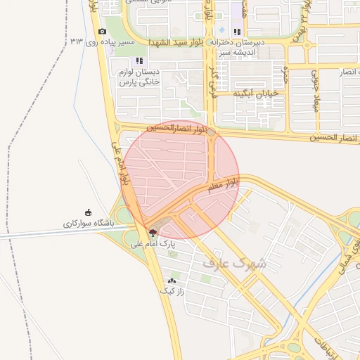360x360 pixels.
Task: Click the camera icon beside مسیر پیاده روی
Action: pos(103,32)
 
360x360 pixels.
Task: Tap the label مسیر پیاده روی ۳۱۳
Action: pos(103,43)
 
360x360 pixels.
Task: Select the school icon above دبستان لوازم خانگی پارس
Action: pos(139,61)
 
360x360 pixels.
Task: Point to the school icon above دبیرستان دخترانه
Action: pos(236,32)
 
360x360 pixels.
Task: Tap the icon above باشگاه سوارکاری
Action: pos(88,212)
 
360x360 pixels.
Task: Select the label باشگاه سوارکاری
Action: pos(88,224)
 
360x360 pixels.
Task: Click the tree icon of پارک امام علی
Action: pos(153,233)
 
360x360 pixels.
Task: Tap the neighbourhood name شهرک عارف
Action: pos(235,263)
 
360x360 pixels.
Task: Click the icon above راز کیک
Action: pos(172,281)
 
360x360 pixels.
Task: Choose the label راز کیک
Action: pos(172,291)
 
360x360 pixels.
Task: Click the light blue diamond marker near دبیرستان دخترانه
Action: pos(222,30)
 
